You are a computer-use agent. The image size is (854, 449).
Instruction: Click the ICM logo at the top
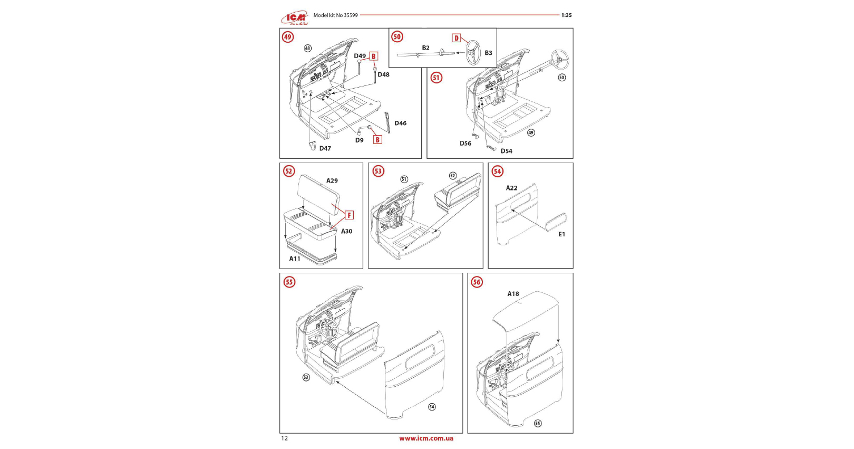(295, 18)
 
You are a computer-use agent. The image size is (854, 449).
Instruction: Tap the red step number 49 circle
(288, 37)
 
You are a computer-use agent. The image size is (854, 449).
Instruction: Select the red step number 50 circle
(397, 36)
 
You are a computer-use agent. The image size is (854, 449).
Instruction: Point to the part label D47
(325, 149)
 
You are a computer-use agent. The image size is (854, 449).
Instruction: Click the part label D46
(401, 123)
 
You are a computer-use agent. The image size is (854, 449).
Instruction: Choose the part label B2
(425, 48)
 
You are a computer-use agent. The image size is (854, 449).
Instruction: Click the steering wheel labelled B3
(473, 52)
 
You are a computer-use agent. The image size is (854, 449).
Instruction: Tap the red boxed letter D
(457, 38)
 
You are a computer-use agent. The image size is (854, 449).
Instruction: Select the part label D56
(465, 144)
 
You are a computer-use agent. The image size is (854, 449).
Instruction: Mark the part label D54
(507, 151)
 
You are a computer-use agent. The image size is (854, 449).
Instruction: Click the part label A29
(332, 181)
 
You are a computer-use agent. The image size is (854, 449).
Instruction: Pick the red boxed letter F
(349, 215)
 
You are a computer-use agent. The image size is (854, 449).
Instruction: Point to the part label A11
(295, 259)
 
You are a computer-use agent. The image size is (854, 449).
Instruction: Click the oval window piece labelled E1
(556, 222)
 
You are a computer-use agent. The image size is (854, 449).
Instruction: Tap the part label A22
(511, 188)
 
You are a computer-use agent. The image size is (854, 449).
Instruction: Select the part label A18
(513, 294)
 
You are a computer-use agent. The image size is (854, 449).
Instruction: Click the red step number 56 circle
(477, 282)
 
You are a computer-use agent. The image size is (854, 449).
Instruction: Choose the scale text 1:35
(566, 15)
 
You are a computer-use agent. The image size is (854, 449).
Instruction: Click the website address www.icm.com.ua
(426, 438)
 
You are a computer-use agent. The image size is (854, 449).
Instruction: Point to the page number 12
(285, 438)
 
